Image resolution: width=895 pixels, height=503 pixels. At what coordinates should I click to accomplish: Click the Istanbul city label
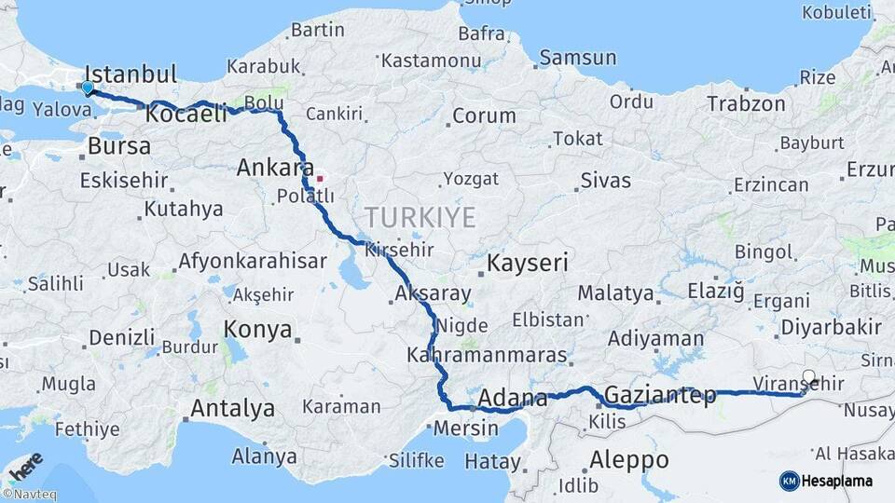click(x=131, y=75)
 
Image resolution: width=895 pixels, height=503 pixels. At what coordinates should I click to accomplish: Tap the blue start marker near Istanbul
click(x=88, y=88)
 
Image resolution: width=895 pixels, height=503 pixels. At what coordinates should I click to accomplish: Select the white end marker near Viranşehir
click(x=808, y=378)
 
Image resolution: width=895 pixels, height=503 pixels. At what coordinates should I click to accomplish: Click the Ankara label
click(x=274, y=169)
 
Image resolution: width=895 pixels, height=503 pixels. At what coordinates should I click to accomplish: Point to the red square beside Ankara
click(x=320, y=177)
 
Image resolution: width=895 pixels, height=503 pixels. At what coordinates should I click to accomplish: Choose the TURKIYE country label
click(x=420, y=218)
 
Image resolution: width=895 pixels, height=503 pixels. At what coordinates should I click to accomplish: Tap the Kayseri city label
click(x=528, y=263)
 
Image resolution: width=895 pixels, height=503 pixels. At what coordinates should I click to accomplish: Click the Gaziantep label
click(x=660, y=395)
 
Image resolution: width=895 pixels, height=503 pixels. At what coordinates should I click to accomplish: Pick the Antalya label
click(x=232, y=408)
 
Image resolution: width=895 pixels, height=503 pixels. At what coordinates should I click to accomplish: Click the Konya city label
click(x=258, y=330)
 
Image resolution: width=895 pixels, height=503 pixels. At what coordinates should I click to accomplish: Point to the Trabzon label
click(x=746, y=103)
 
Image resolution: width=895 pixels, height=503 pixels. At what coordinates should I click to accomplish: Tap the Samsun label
click(x=578, y=58)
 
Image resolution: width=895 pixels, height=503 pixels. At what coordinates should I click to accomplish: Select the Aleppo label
click(x=628, y=459)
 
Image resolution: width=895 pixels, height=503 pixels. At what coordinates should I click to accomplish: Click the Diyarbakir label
click(x=831, y=327)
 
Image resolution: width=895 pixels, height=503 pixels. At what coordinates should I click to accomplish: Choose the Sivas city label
click(x=605, y=180)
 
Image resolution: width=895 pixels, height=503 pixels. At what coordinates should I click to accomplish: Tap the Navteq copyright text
click(x=29, y=495)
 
